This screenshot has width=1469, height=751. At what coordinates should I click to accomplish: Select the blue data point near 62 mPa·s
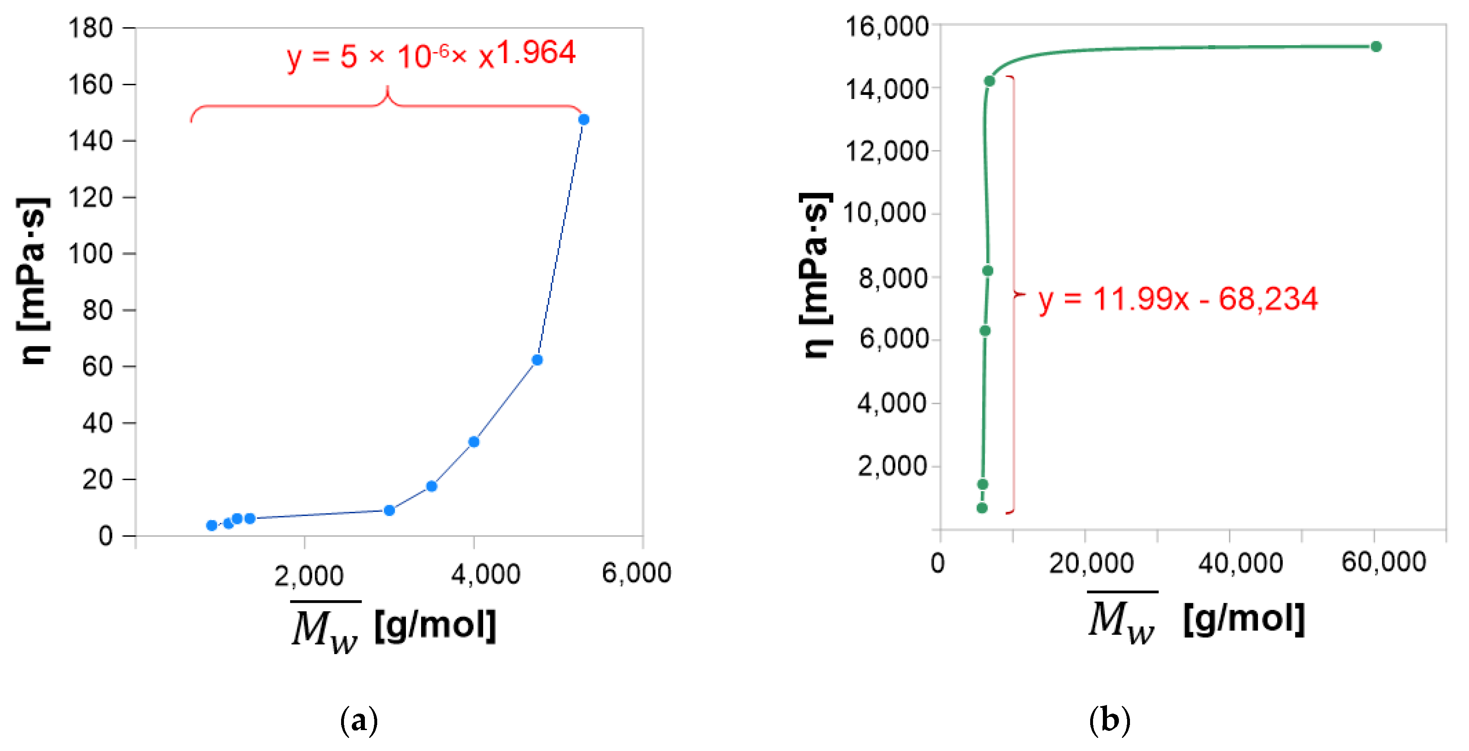click(x=536, y=360)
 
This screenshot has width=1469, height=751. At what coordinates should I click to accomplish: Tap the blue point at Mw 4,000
click(x=473, y=442)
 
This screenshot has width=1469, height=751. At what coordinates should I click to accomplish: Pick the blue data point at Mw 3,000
click(x=389, y=510)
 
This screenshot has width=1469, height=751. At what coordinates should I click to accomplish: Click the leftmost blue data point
click(x=211, y=525)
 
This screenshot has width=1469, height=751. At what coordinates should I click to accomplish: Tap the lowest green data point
click(x=981, y=508)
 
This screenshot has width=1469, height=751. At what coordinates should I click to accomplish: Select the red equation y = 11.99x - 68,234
click(x=1178, y=299)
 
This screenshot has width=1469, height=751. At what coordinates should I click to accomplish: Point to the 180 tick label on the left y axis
click(x=90, y=28)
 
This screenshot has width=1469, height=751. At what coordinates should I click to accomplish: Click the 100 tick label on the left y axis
click(x=90, y=253)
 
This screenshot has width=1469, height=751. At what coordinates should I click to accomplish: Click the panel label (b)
click(x=1109, y=720)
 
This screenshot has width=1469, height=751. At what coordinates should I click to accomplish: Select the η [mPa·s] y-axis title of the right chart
click(x=816, y=275)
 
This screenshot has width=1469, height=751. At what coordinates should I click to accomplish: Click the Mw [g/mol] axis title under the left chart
click(x=394, y=627)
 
